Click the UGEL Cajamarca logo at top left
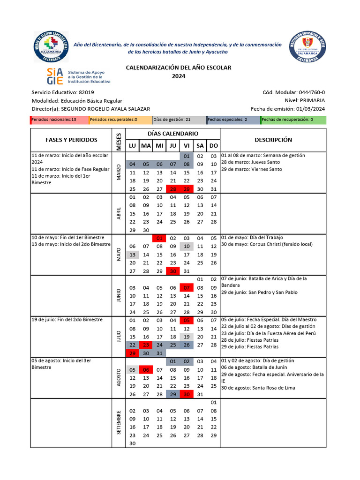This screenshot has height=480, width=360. pos(51,46)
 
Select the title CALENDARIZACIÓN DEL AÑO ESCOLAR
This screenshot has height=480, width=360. pos(179,67)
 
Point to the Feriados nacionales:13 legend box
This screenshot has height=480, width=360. pos(59,120)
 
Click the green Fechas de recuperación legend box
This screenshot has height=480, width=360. pos(293,120)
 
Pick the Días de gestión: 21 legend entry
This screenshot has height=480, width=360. pos(179,120)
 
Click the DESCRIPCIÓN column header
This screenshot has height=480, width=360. pos(273,140)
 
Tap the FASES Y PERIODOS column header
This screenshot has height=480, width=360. pos(71,140)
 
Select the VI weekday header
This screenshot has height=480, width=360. pos(187,146)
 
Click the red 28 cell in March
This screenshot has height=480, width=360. pos(173,189)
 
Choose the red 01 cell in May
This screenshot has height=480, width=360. pos(159,238)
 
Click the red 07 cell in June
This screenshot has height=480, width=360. pos(187,287)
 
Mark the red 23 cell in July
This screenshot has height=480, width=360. pos(146,345)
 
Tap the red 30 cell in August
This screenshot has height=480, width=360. pos(187,394)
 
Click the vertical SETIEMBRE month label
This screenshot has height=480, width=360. pos(119,422)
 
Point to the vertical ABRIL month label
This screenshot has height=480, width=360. pos(119,213)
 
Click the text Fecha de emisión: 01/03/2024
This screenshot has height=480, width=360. pos(288,109)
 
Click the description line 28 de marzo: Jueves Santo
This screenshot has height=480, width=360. pos(250,162)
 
